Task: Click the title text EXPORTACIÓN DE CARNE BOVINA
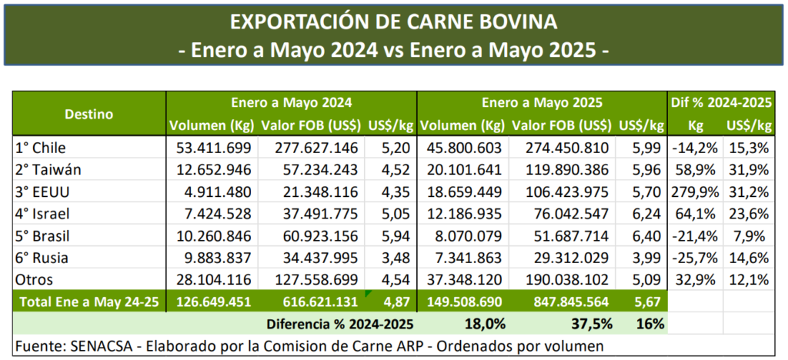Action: coord(394,21)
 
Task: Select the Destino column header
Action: coord(88,114)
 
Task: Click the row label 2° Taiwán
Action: coord(48,167)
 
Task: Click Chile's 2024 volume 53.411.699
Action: coord(208,147)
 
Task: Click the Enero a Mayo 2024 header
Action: coord(292,102)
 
